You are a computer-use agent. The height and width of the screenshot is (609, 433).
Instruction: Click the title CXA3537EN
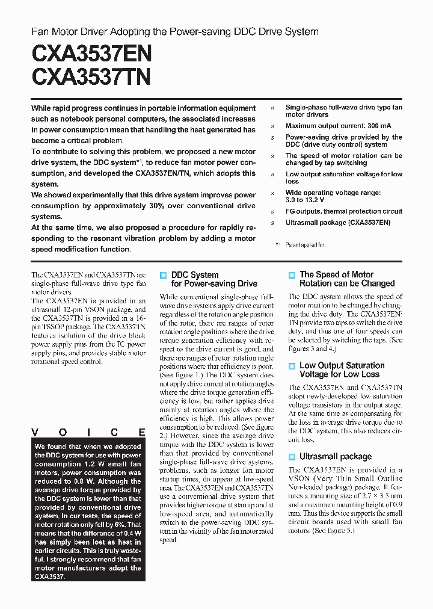[91, 54]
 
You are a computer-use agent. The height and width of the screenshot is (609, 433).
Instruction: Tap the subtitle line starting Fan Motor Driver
[174, 31]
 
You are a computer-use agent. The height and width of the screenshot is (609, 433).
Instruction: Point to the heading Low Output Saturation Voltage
[342, 369]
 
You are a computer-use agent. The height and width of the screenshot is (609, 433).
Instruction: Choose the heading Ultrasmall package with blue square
[336, 457]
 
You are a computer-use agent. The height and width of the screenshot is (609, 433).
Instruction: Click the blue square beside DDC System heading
[163, 275]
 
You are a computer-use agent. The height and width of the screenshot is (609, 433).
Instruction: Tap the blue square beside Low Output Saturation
[292, 366]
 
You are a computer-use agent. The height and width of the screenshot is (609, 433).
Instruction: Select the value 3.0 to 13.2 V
[305, 200]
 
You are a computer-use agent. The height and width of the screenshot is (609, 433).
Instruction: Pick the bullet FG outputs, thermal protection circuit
[343, 211]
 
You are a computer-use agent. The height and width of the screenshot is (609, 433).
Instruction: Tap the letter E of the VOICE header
[142, 432]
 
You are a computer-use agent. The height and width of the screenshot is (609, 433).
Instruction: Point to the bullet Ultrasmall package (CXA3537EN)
[337, 223]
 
